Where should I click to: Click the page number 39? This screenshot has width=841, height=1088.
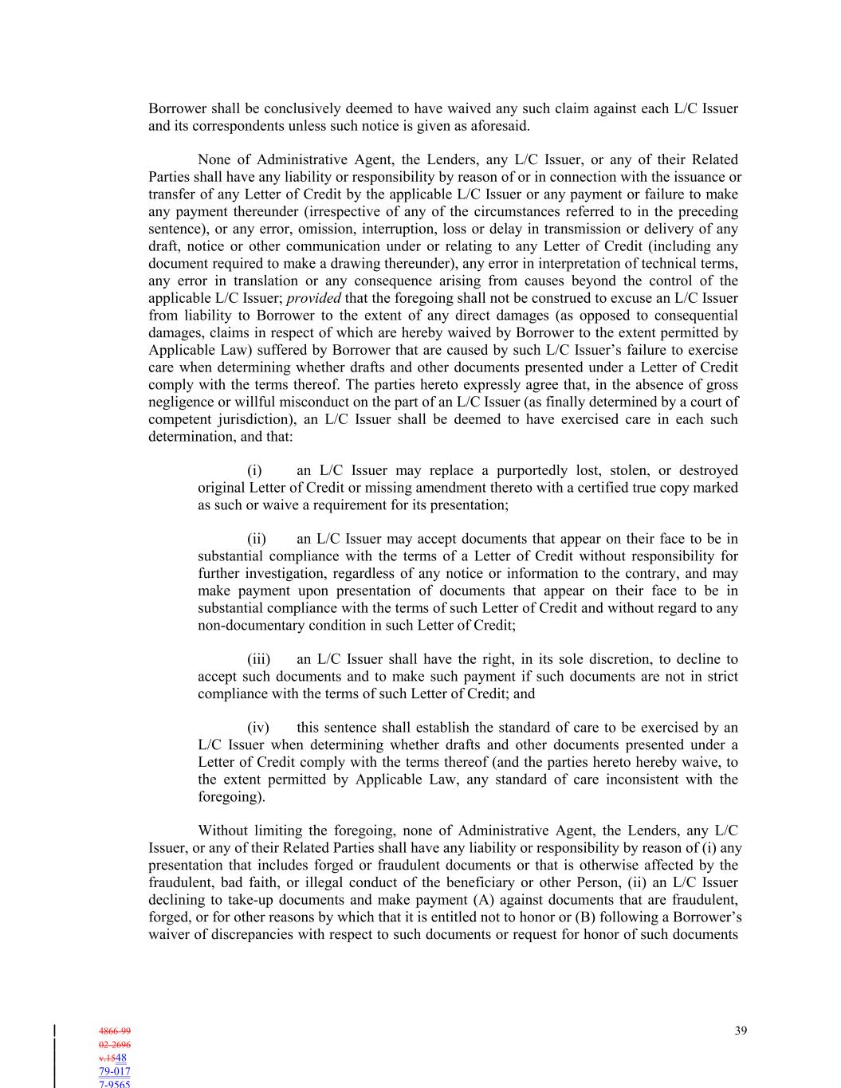pyautogui.click(x=741, y=1031)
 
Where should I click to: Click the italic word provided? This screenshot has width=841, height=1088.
pyautogui.click(x=313, y=298)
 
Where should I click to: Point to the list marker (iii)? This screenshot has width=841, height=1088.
pyautogui.click(x=258, y=659)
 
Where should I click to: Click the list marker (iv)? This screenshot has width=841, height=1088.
pyautogui.click(x=257, y=728)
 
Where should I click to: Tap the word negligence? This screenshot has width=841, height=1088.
pyautogui.click(x=181, y=402)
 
